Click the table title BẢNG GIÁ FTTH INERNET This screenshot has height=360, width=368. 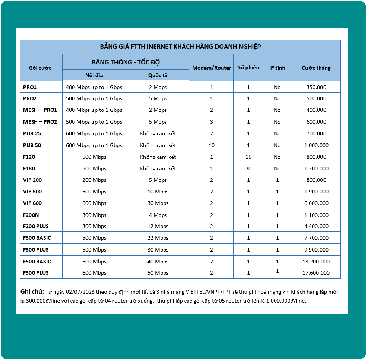pyautogui.click(x=180, y=47)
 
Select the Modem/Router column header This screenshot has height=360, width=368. pyautogui.click(x=211, y=68)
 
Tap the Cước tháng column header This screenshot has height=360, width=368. pyautogui.click(x=316, y=68)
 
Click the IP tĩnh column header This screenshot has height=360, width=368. pyautogui.click(x=277, y=68)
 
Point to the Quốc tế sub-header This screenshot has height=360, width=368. pyautogui.click(x=158, y=75)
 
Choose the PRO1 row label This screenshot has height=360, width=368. pyautogui.click(x=30, y=87)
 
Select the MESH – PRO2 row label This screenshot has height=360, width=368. pyautogui.click(x=40, y=122)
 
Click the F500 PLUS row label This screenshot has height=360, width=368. pyautogui.click(x=36, y=273)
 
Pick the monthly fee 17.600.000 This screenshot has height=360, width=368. pyautogui.click(x=316, y=273)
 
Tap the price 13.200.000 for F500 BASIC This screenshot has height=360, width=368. pyautogui.click(x=316, y=262)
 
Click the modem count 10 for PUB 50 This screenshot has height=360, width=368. pyautogui.click(x=212, y=145)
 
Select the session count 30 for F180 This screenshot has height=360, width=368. pyautogui.click(x=248, y=168)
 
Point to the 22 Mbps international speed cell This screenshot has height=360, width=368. pyautogui.click(x=158, y=238)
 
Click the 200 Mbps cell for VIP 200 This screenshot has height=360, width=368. pyautogui.click(x=94, y=180)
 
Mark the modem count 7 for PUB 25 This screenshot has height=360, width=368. pyautogui.click(x=212, y=133)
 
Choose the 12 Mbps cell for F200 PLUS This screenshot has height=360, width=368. pyautogui.click(x=158, y=226)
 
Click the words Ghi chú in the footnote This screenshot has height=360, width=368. pyautogui.click(x=32, y=291)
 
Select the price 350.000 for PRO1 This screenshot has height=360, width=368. pyautogui.click(x=316, y=87)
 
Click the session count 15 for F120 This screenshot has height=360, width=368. pyautogui.click(x=248, y=157)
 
